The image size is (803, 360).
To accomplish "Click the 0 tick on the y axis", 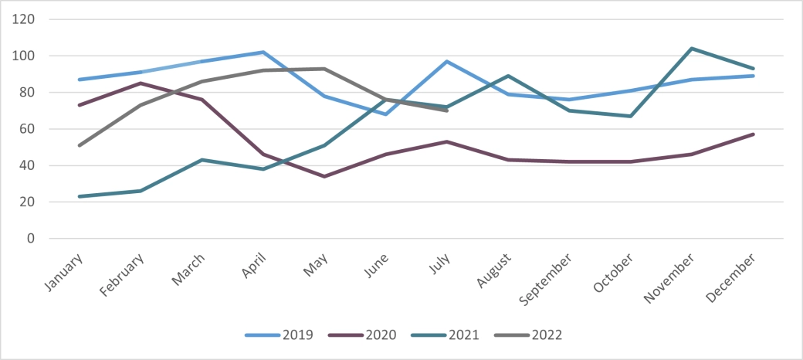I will tap(32, 239).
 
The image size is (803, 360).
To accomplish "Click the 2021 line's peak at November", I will tap(691, 49).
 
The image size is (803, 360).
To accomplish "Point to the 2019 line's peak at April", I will tap(263, 52).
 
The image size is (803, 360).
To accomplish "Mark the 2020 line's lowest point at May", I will tap(324, 176).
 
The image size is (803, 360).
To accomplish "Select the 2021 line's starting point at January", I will tap(80, 196).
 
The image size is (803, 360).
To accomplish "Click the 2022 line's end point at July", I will tap(446, 110).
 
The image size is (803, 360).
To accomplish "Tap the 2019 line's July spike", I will tap(446, 61).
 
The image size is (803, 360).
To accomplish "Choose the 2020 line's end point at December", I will tap(753, 134).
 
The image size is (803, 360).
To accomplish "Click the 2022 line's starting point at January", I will tap(80, 145).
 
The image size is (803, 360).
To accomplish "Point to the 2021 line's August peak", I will tap(508, 76).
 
